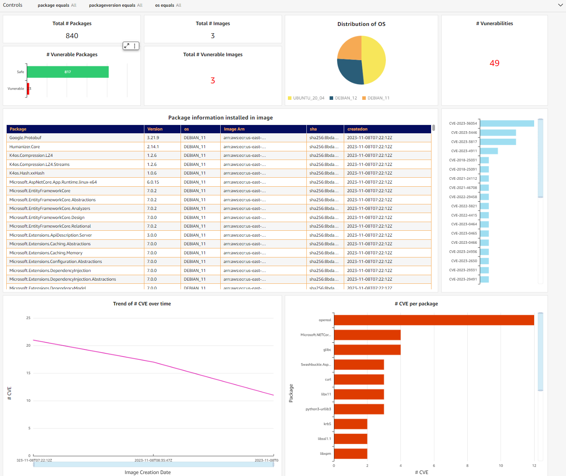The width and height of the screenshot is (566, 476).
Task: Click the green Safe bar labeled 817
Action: click(68, 72)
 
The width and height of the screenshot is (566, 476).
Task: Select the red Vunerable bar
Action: click(28, 88)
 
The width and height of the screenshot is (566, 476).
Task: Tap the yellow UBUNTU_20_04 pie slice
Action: click(374, 59)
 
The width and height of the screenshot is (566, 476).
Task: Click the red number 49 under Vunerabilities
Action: click(494, 63)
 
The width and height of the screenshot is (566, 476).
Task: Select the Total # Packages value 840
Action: click(72, 36)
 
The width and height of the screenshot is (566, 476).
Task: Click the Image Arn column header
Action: click(234, 129)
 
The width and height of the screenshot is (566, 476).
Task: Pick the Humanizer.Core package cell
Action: click(25, 147)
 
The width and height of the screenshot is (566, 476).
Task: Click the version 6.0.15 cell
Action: click(153, 182)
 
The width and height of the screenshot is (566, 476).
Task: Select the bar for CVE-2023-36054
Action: click(507, 123)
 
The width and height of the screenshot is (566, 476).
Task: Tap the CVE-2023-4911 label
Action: click(464, 151)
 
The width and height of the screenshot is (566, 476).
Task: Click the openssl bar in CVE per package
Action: click(433, 320)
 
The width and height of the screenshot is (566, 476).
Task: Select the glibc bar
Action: click(367, 350)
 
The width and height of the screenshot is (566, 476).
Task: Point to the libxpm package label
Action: click(325, 454)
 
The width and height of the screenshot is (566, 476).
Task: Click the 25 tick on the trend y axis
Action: click(28, 318)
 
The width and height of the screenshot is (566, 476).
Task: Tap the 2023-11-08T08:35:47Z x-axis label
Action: click(153, 460)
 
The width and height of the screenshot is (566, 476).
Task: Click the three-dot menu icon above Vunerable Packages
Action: click(135, 46)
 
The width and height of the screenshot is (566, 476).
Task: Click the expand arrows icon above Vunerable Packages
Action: click(127, 46)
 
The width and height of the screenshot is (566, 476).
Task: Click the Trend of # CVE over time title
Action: click(142, 304)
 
